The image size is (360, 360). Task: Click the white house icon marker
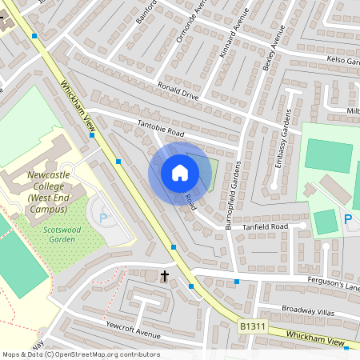coord(180,172)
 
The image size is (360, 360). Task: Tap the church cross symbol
coord(166,276)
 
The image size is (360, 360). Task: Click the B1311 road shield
coord(252,326)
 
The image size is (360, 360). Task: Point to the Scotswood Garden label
coord(58,233)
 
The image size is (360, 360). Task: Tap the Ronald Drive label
coord(178,89)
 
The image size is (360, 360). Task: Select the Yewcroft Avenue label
coord(129,329)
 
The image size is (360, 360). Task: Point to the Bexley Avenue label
coord(274,47)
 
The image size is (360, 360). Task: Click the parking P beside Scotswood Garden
coord(102,217)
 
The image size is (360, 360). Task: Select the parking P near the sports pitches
coord(348,219)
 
